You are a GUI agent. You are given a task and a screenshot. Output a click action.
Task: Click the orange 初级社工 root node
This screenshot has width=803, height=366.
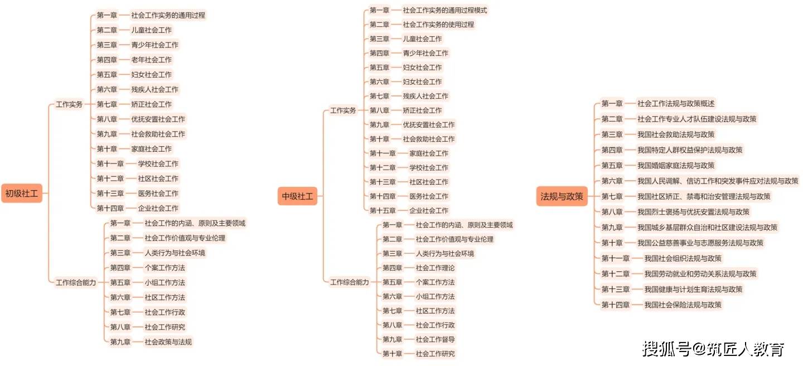(22, 194)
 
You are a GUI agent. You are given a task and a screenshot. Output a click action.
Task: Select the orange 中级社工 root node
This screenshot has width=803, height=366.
(297, 196)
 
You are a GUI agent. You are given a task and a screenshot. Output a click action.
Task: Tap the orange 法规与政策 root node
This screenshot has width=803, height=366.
(562, 196)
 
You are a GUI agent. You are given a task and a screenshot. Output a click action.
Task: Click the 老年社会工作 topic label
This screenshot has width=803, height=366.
(151, 60)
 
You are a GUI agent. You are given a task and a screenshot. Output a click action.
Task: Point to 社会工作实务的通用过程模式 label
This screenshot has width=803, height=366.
(444, 11)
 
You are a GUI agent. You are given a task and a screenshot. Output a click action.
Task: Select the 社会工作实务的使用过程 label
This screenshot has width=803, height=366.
(438, 25)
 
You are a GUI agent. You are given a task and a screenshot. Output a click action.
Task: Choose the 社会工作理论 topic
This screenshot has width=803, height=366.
(435, 268)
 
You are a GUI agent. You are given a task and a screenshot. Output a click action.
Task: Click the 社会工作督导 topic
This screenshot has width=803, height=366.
(435, 339)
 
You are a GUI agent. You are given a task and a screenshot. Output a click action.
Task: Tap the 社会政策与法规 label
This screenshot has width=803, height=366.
(168, 342)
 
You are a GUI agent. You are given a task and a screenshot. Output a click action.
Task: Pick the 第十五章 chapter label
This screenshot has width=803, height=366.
(383, 211)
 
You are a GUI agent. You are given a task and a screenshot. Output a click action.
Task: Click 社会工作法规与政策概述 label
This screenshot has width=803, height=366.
(676, 104)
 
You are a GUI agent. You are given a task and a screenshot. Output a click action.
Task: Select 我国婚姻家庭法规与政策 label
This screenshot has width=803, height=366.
(676, 165)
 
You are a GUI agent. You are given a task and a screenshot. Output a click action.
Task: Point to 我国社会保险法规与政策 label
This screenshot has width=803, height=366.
(683, 305)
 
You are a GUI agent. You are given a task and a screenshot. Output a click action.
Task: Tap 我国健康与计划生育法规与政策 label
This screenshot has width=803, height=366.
(693, 289)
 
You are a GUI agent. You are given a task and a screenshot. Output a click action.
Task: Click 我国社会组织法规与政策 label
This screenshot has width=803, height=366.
(683, 258)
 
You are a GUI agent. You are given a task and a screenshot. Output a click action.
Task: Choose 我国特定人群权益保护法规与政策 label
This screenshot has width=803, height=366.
(690, 150)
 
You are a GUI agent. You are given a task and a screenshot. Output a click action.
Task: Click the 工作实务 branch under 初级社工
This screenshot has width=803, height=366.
(69, 104)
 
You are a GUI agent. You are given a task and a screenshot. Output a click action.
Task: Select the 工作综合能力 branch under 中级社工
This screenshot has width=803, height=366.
(349, 282)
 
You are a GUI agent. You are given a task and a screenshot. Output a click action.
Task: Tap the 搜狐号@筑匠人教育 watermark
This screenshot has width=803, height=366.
(713, 349)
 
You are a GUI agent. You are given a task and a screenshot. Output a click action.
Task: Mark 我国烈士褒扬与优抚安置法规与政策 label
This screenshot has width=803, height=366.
(693, 212)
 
